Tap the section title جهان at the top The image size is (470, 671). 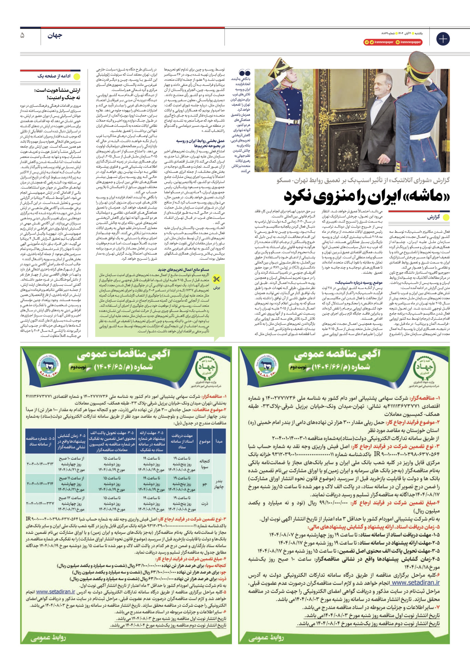pyautogui.click(x=55, y=36)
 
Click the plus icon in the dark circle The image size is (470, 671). pyautogui.click(x=443, y=39)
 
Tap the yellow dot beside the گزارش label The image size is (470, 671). pyautogui.click(x=446, y=217)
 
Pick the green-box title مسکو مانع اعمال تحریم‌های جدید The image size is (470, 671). pyautogui.click(x=183, y=270)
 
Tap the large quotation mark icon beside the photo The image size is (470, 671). pyautogui.click(x=245, y=73)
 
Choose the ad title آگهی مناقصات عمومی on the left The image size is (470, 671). pyautogui.click(x=124, y=354)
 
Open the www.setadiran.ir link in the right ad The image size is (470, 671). pyautogui.click(x=415, y=583)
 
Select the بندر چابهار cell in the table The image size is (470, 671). pyautogui.click(x=219, y=484)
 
